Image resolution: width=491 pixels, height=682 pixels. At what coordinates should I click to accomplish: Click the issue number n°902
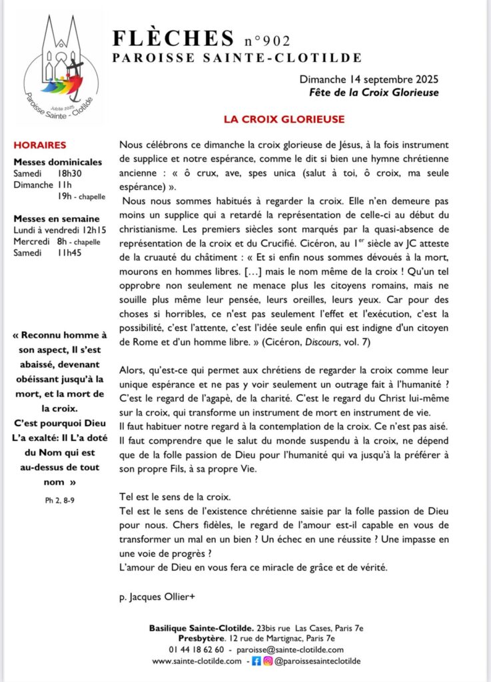(267, 41)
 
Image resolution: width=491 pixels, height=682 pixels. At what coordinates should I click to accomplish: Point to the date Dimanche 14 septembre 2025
(369, 80)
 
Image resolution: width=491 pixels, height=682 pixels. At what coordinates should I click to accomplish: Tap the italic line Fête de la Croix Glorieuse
(374, 93)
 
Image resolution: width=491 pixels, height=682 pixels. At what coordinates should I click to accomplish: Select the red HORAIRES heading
(40, 145)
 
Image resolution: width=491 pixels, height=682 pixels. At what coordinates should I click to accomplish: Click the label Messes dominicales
(58, 162)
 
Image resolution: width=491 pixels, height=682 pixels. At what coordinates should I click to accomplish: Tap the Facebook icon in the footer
(255, 661)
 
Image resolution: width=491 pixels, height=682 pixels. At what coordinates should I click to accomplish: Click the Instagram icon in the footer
(267, 661)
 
